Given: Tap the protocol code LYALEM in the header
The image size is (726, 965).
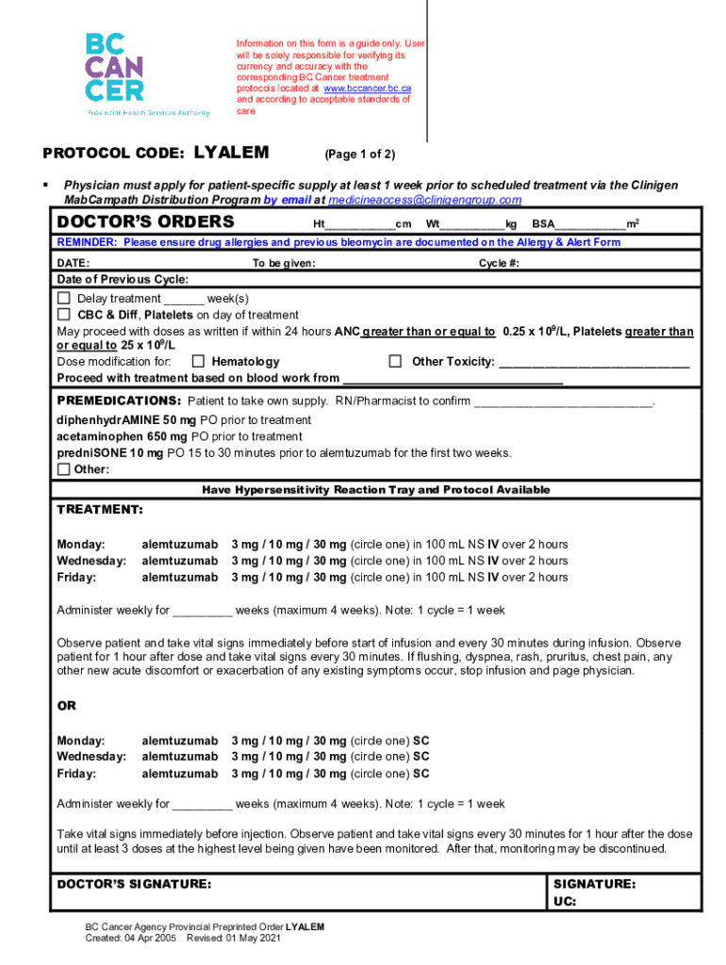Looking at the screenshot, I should pyautogui.click(x=231, y=153).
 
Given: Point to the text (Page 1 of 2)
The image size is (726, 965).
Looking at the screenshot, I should pyautogui.click(x=359, y=155).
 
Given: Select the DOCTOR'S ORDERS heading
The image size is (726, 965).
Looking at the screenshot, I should pyautogui.click(x=146, y=222).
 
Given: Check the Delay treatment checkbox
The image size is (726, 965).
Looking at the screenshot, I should pyautogui.click(x=64, y=299).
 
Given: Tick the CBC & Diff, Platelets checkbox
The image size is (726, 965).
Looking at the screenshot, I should pyautogui.click(x=64, y=315).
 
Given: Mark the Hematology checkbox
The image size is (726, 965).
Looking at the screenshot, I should pyautogui.click(x=198, y=362).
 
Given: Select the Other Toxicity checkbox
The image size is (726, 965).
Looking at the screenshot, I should pyautogui.click(x=396, y=362).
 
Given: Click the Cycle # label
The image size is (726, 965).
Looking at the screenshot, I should pyautogui.click(x=499, y=263).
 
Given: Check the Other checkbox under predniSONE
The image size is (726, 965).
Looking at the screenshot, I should pyautogui.click(x=64, y=469).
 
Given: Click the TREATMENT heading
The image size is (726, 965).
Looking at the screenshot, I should pyautogui.click(x=100, y=510).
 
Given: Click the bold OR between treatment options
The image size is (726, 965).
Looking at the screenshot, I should pyautogui.click(x=67, y=706).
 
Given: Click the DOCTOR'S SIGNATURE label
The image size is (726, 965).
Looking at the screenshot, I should pyautogui.click(x=135, y=885).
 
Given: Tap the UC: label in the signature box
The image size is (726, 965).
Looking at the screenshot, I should pyautogui.click(x=565, y=902).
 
